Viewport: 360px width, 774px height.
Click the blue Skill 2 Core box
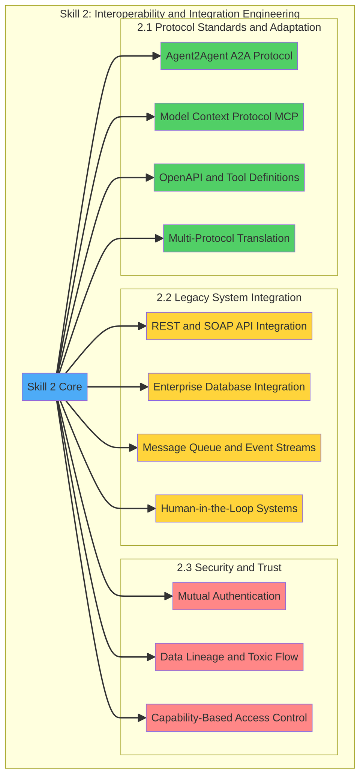[55, 386]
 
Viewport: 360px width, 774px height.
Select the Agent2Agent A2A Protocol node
[229, 56]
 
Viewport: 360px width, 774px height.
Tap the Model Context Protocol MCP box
[229, 117]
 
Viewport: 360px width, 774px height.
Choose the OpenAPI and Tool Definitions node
[229, 177]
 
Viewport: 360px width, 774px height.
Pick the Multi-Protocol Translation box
[229, 238]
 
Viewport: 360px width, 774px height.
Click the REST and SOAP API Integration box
[229, 326]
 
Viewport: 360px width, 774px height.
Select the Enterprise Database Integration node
[229, 386]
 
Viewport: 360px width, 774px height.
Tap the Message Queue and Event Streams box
[229, 447]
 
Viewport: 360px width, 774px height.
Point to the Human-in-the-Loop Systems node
[229, 508]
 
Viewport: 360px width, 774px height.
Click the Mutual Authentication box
[229, 596]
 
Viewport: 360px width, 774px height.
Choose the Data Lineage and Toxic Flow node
[229, 657]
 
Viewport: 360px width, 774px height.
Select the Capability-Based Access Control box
[229, 717]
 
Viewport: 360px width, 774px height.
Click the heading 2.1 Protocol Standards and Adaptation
[229, 27]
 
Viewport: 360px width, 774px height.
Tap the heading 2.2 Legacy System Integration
[229, 298]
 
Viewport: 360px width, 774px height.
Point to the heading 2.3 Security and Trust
[229, 567]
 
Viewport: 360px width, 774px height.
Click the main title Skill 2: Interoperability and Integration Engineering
[180, 14]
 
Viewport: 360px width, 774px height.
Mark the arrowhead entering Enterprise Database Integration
[144, 386]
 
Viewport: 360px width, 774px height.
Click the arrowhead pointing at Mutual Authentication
[169, 596]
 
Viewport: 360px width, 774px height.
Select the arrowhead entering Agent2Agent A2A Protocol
[157, 56]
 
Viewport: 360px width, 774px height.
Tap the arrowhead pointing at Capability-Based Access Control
[142, 717]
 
